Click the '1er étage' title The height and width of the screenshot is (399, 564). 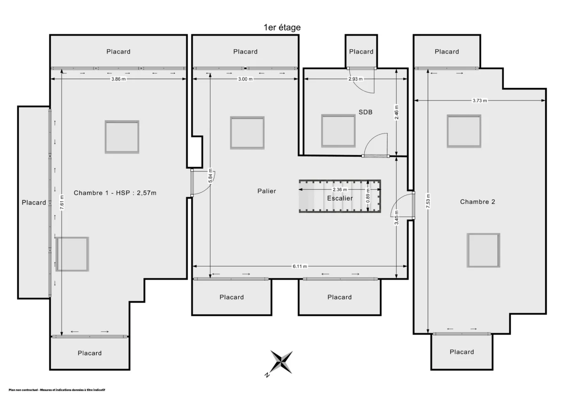coord(282,27)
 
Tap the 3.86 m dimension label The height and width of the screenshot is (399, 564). coord(118,79)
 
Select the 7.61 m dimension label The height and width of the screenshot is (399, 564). coord(62,203)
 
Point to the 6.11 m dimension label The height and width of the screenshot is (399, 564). coord(300,266)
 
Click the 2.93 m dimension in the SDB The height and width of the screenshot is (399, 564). coord(355,79)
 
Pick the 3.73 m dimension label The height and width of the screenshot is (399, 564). coord(480,101)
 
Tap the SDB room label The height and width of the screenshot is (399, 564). coord(365,112)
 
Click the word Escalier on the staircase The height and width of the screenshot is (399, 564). coord(340,198)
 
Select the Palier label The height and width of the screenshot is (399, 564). coord(266,191)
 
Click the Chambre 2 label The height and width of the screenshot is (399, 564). coord(478,202)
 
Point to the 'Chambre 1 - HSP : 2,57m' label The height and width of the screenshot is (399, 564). coord(115,193)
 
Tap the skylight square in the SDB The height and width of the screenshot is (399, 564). coord(338,131)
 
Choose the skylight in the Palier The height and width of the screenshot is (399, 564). coord(247,133)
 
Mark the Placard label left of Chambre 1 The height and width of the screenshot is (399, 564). coord(34,203)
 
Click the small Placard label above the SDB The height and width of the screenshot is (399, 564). coord(361,52)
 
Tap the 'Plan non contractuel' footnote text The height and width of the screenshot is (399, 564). coord(57,390)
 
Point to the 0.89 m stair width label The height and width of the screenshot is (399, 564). coord(368,196)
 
